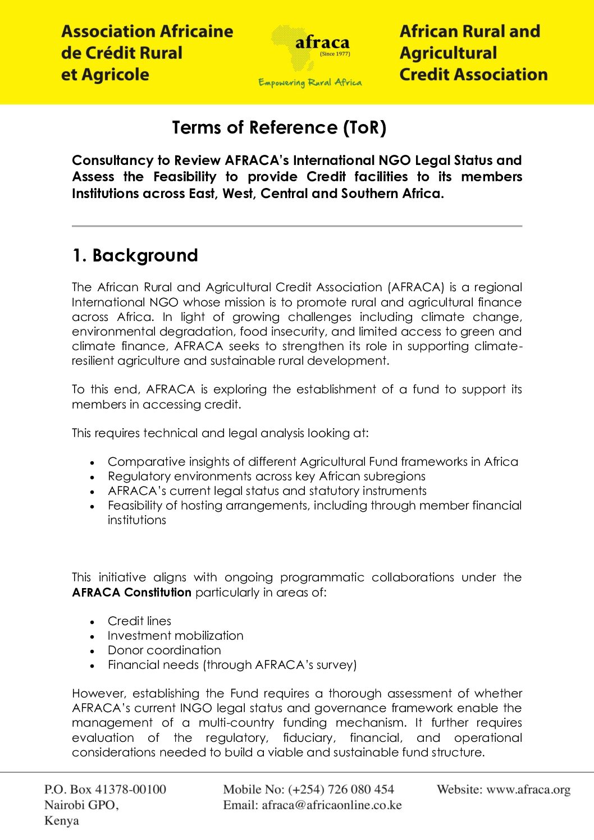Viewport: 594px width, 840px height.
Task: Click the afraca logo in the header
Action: (x=310, y=44)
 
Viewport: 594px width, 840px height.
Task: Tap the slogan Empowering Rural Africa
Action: (x=310, y=82)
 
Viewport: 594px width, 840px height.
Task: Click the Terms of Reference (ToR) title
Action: (x=279, y=128)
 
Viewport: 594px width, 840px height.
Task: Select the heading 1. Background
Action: (x=135, y=255)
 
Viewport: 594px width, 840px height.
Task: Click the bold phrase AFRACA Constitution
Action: (x=132, y=592)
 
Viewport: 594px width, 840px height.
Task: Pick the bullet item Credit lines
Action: (x=139, y=621)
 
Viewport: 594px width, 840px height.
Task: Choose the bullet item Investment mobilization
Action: (x=175, y=636)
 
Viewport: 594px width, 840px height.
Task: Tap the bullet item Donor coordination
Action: (x=164, y=650)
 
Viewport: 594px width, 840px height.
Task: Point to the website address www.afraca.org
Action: (x=528, y=789)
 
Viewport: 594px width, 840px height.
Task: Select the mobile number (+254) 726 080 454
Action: (x=341, y=789)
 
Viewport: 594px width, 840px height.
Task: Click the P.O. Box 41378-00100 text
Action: (x=105, y=789)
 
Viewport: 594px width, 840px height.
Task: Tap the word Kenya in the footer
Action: (x=62, y=821)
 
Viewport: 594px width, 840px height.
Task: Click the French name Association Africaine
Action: (x=147, y=31)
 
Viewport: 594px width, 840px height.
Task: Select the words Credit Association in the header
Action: (x=473, y=75)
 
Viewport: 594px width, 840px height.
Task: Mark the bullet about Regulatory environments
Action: (x=266, y=476)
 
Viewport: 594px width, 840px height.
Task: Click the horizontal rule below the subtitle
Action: (x=297, y=226)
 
